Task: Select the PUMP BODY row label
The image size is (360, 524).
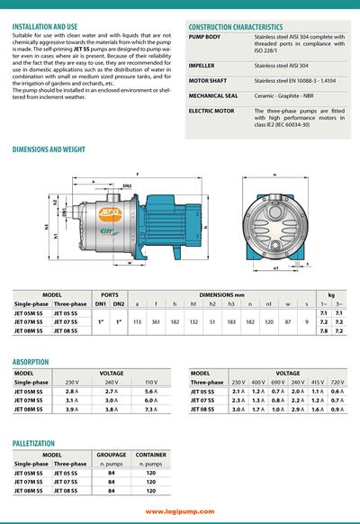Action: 204,37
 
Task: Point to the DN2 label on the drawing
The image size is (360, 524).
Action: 127,185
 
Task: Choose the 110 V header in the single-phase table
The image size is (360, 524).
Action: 151,382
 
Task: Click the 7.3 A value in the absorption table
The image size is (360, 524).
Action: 151,411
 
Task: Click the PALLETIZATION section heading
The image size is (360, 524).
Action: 40,444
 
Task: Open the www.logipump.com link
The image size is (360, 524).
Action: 179,511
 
